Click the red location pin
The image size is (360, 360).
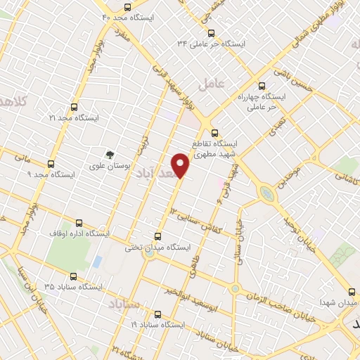(181, 165)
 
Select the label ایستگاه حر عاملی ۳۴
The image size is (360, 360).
(212, 44)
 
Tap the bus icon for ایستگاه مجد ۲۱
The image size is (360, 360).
(75, 108)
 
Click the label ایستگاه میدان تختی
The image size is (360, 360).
(158, 247)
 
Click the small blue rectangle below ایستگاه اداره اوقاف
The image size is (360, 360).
(97, 262)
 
